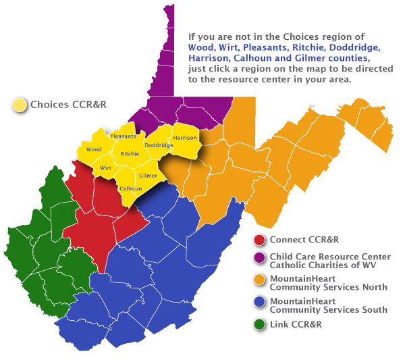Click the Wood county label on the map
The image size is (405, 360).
[94, 149]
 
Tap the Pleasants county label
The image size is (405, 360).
[123, 136]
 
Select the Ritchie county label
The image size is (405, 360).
[130, 154]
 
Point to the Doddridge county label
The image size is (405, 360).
[159, 145]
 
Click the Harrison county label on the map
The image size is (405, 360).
[185, 138]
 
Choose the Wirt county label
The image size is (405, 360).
[105, 167]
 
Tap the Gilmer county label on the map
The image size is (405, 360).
[148, 176]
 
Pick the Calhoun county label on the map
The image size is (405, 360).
[130, 188]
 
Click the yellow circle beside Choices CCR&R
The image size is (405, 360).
[20, 105]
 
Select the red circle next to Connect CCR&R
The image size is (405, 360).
[259, 240]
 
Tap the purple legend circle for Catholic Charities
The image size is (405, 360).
[259, 257]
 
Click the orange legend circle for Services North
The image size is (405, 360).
[259, 279]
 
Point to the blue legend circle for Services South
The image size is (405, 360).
[259, 302]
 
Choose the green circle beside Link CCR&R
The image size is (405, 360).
[259, 324]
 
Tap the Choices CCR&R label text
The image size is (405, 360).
[69, 105]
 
